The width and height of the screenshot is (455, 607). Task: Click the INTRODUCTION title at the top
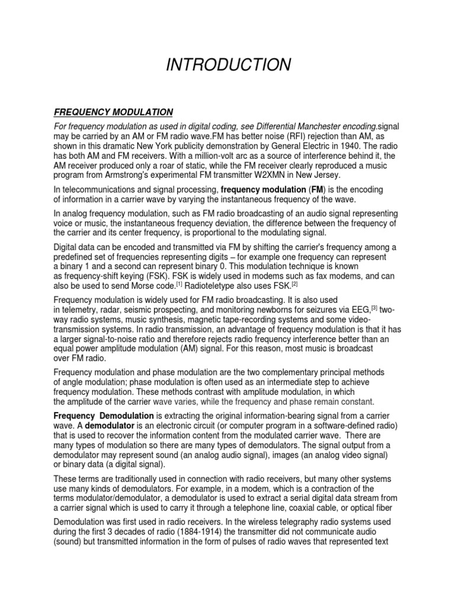point(228,65)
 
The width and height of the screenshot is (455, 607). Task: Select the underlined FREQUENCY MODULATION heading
point(113,111)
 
